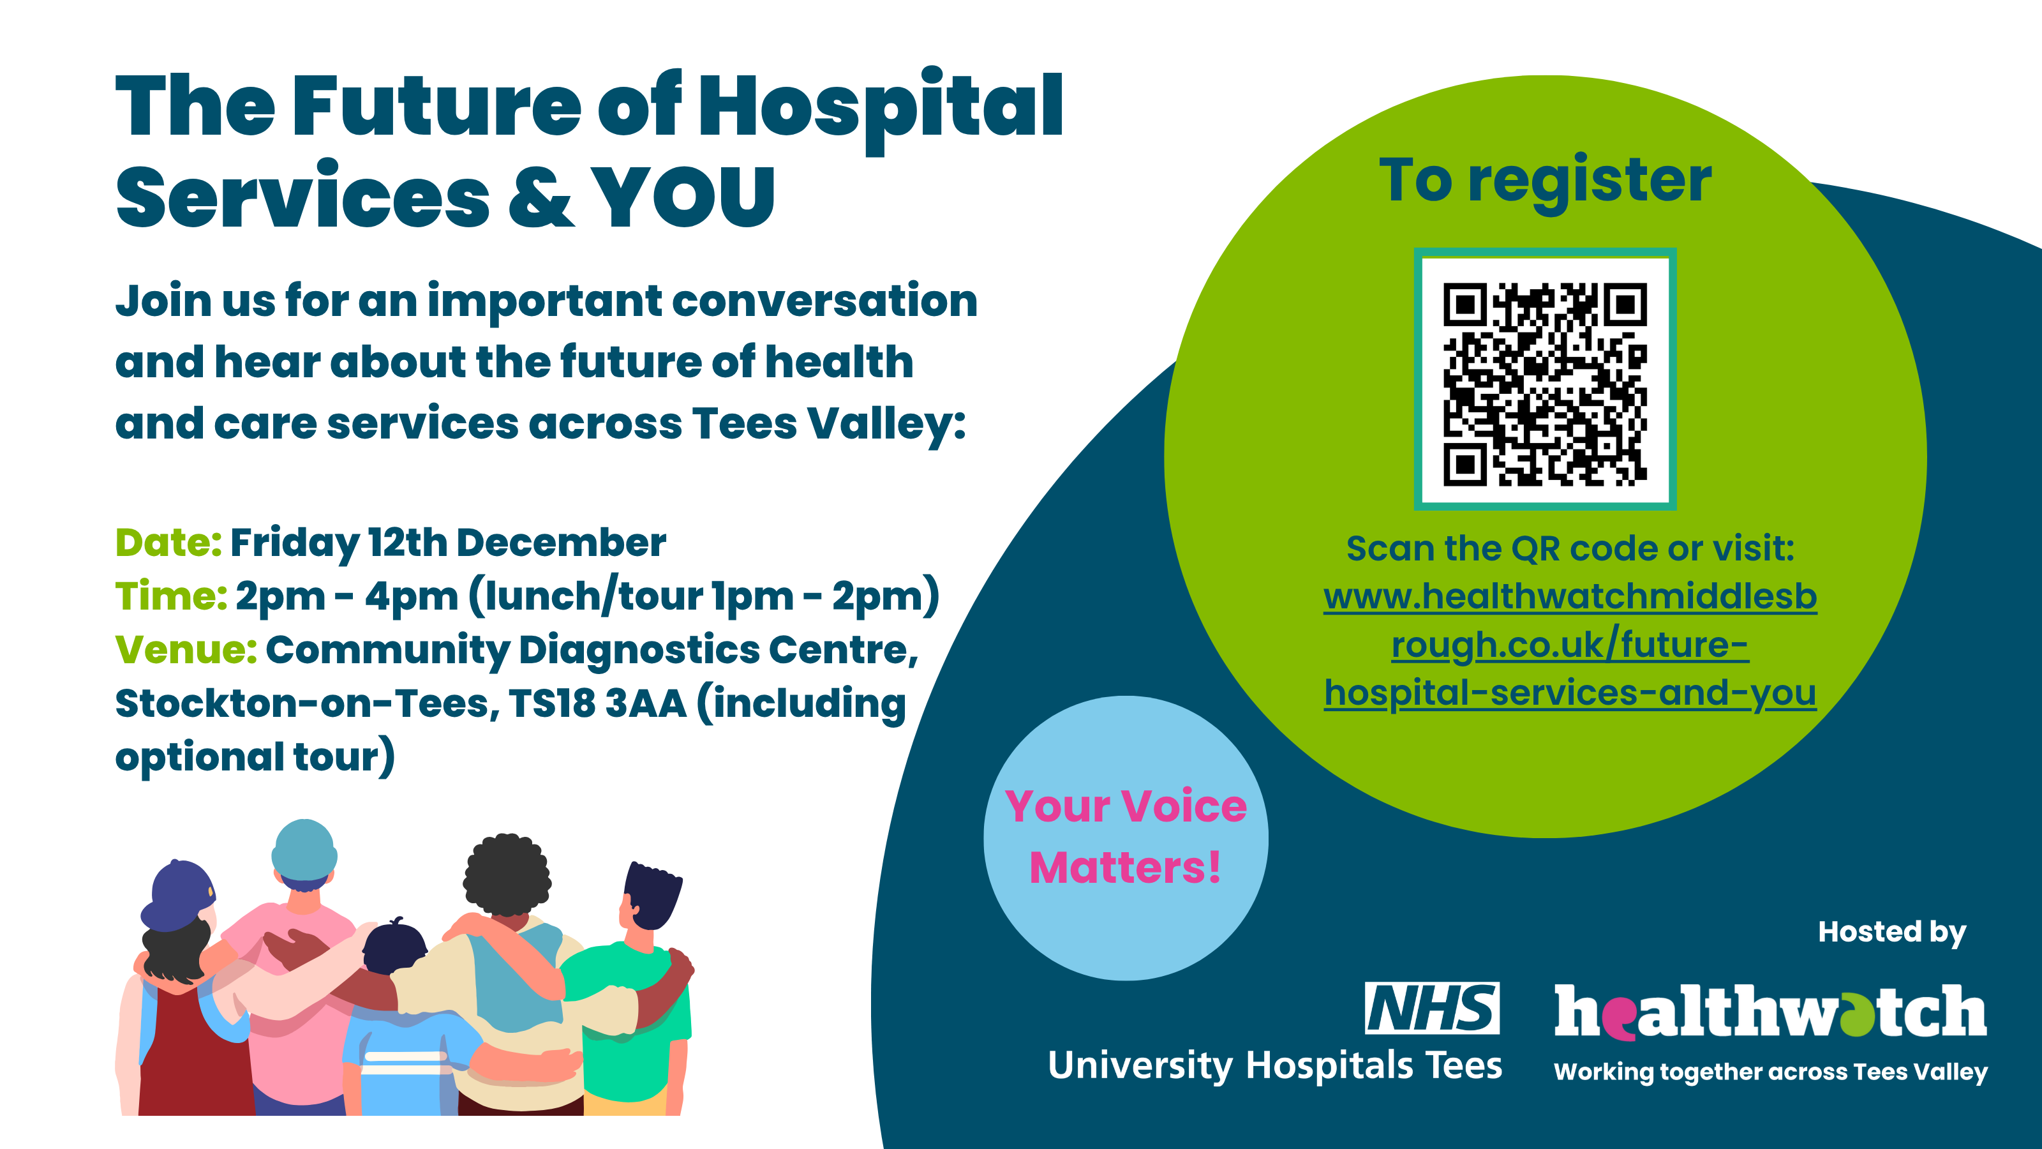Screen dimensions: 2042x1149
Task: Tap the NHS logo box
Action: pos(1431,1008)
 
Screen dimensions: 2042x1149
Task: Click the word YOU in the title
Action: pos(683,197)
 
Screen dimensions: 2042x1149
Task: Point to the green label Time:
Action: pos(171,596)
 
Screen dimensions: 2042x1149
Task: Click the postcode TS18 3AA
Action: pos(598,703)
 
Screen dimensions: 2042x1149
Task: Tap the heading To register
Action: pos(1545,181)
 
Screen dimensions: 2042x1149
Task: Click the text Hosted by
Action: pos(1892,933)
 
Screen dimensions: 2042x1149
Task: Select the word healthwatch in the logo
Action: pos(1771,1011)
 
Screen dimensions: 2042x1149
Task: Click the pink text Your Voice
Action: pos(1126,806)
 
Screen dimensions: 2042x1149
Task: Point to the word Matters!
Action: pos(1126,867)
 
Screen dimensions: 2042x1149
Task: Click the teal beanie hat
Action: pos(304,850)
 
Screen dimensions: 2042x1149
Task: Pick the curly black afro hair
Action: pos(507,875)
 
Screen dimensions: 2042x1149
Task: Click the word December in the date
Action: pos(562,543)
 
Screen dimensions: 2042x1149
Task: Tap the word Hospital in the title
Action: pos(881,109)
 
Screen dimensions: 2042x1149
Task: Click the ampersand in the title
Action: pos(540,197)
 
